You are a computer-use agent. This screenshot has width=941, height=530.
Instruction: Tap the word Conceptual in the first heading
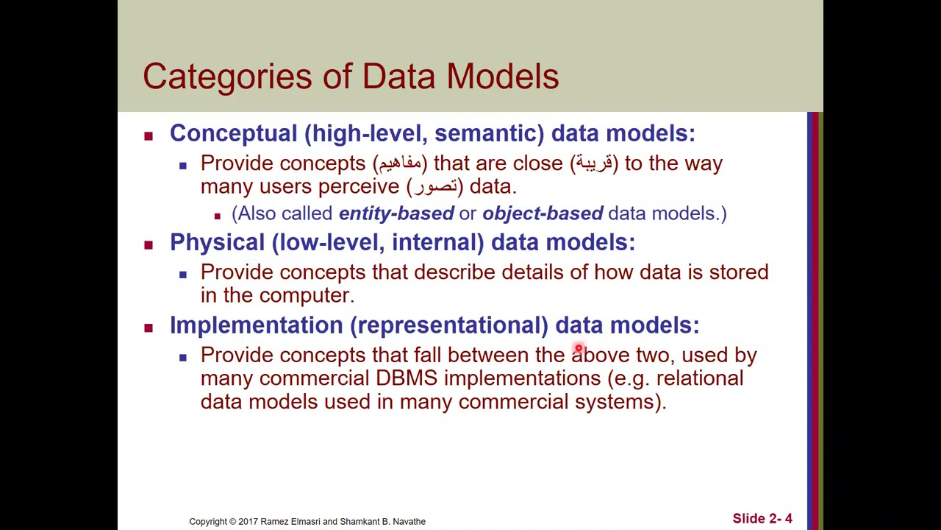click(x=233, y=133)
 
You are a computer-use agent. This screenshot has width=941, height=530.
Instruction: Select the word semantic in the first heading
click(x=485, y=133)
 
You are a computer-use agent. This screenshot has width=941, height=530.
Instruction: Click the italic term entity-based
click(x=396, y=213)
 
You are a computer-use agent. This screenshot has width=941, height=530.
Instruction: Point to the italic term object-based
click(x=542, y=213)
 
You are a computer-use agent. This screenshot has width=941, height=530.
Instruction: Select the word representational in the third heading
click(x=448, y=325)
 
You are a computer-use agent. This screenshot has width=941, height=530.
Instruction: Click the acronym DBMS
click(x=406, y=378)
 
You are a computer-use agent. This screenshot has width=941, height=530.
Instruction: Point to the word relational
click(x=699, y=378)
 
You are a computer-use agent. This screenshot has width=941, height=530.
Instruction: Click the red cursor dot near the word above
click(x=579, y=349)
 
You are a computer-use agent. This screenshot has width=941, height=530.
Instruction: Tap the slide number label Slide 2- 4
click(x=762, y=519)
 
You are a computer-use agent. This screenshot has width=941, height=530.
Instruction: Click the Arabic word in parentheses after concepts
click(x=400, y=163)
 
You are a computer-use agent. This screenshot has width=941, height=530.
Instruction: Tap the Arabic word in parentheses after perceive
click(x=434, y=187)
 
